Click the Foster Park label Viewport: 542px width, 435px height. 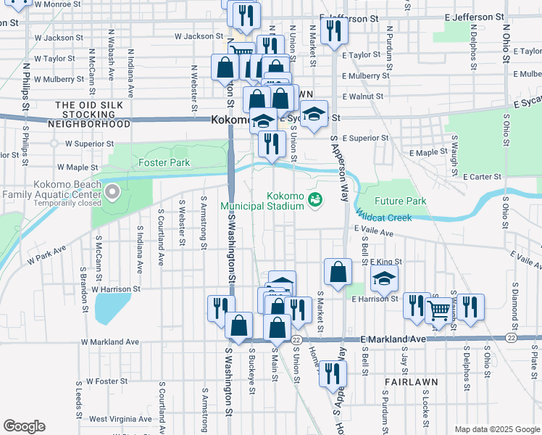164,163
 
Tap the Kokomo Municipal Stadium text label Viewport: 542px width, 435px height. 283,201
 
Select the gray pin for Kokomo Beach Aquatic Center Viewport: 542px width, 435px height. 112,193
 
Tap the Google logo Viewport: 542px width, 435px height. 24,426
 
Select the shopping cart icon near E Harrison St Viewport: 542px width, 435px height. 438,310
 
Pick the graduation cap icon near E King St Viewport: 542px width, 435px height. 384,277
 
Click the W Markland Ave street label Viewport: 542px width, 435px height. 109,341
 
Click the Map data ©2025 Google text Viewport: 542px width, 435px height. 496,428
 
